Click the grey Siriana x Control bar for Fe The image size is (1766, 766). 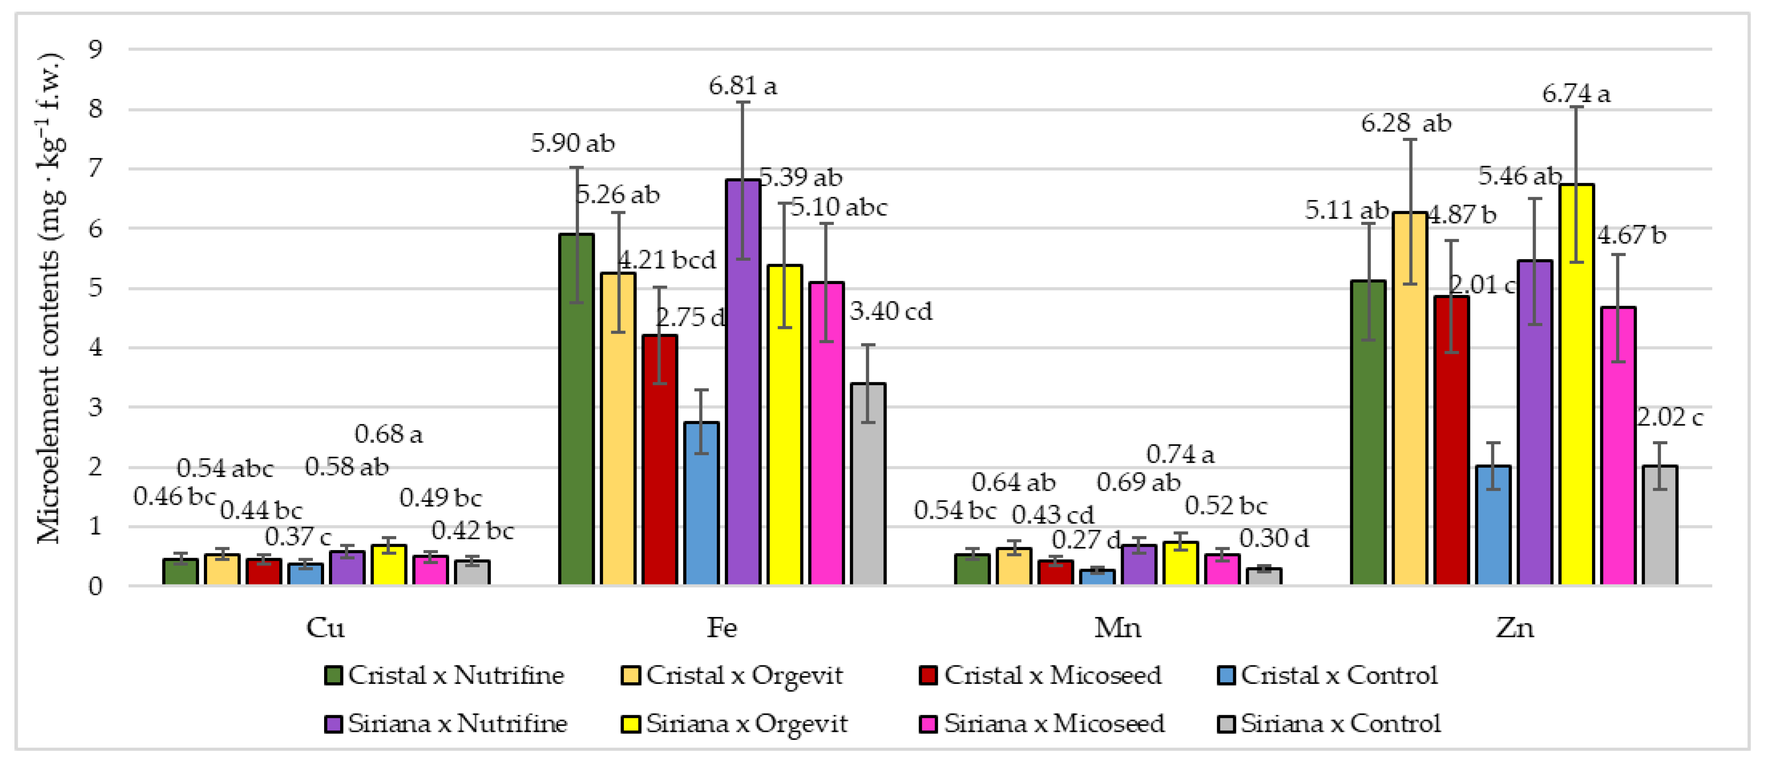pos(868,484)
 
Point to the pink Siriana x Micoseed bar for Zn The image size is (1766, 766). pos(1618,446)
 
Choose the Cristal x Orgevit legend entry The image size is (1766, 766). pos(733,675)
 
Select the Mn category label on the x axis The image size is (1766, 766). pos(1117,627)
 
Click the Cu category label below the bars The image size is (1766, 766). pos(325,627)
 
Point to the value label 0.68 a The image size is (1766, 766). pos(389,434)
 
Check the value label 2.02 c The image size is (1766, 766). pos(1669,417)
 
